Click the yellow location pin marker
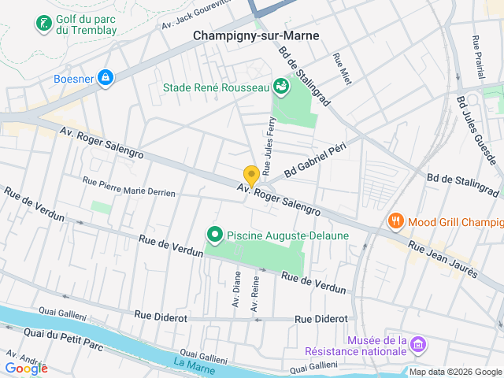point(251,176)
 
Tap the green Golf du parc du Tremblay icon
point(43,24)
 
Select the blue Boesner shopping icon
point(105,77)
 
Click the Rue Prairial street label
point(478,56)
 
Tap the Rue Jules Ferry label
point(269,146)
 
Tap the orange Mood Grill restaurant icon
point(395,222)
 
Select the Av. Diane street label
point(235,290)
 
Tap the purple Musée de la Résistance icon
point(419,345)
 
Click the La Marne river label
point(189,363)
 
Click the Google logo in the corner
point(26,368)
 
